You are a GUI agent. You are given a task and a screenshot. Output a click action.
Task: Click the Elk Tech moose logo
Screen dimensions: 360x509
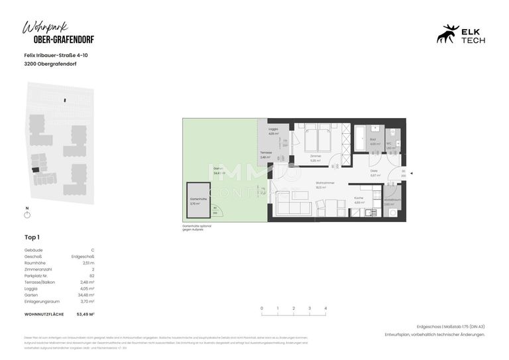point(448,34)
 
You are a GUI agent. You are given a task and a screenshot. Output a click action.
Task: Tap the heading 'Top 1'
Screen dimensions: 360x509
point(32,237)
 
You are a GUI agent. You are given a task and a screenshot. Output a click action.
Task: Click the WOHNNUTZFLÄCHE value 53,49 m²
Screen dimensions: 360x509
point(85,314)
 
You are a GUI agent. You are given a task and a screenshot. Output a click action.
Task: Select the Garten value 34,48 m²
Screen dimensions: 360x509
point(86,294)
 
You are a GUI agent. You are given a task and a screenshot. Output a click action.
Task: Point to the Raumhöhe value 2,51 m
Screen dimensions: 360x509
point(87,263)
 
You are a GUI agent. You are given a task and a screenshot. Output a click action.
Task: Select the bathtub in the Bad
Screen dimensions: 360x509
point(360,141)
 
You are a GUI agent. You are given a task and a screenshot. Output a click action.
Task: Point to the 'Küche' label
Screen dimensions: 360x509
point(358,198)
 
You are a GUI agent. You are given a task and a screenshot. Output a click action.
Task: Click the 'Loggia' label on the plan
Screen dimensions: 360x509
point(273,129)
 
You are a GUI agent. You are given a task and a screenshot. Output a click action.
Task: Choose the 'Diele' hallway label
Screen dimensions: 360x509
point(374,170)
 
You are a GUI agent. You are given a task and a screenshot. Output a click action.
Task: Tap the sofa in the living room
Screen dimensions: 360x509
point(292,208)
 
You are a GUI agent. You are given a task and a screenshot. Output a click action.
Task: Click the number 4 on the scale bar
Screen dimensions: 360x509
point(325,308)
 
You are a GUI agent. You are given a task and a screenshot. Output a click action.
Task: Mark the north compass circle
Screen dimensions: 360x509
point(27,215)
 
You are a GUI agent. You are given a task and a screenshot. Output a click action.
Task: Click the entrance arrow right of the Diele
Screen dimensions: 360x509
point(411,173)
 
